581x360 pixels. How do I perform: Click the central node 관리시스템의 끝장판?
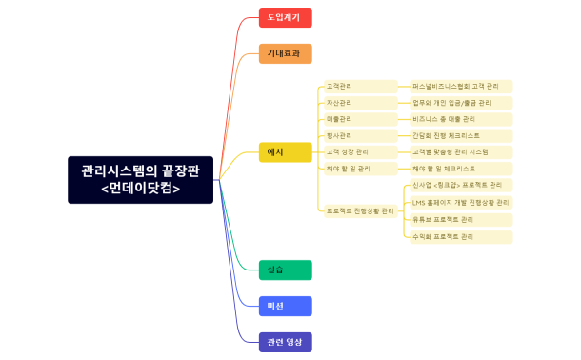(x=140, y=179)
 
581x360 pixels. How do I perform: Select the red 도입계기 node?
(x=285, y=17)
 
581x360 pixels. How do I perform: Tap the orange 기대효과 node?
(x=285, y=53)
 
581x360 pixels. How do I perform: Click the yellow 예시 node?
(x=285, y=151)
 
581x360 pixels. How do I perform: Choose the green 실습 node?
(x=285, y=270)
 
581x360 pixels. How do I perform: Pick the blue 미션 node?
(x=285, y=306)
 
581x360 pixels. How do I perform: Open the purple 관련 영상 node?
(x=285, y=341)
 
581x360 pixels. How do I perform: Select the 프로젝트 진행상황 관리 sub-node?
(x=360, y=210)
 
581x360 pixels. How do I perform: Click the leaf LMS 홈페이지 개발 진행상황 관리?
(x=461, y=202)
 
